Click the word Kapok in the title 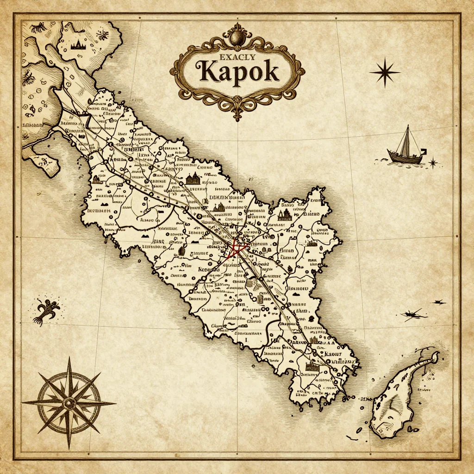pyautogui.click(x=237, y=72)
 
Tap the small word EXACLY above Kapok pyautogui.click(x=237, y=57)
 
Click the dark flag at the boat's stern pyautogui.click(x=423, y=151)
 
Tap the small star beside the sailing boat pyautogui.click(x=433, y=162)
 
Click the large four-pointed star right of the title pyautogui.click(x=385, y=72)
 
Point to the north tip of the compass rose pyautogui.click(x=69, y=358)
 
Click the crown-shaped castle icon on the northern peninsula pyautogui.click(x=80, y=45)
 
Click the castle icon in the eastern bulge pyautogui.click(x=284, y=214)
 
